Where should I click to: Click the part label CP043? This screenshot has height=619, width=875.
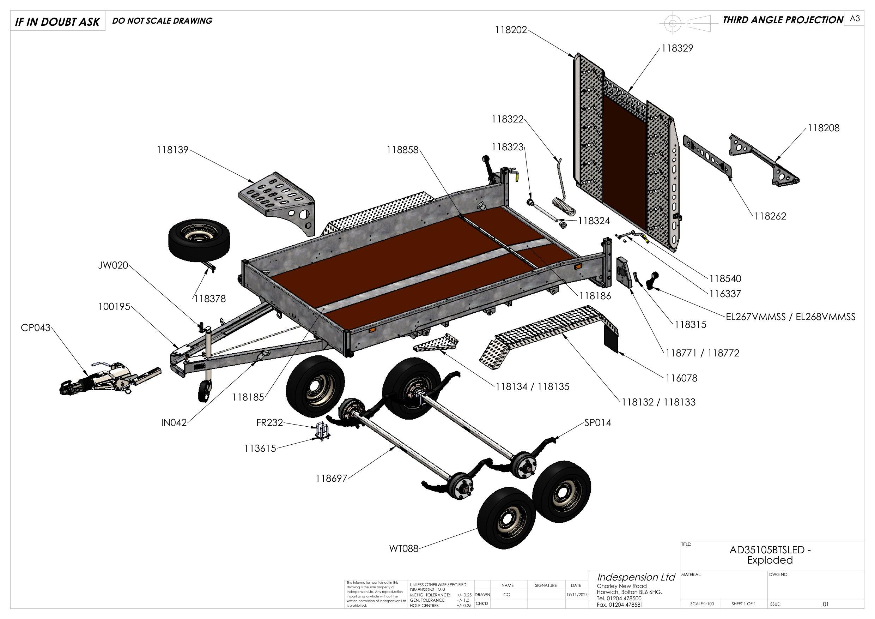(x=35, y=327)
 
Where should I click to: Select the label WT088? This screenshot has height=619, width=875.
(x=403, y=548)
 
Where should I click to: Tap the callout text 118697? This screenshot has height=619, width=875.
(x=331, y=478)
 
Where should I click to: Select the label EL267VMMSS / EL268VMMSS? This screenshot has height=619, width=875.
(x=790, y=317)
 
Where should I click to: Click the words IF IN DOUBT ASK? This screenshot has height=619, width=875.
(x=57, y=22)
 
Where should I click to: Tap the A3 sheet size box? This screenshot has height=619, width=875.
(x=855, y=19)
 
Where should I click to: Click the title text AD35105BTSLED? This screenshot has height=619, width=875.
(x=770, y=550)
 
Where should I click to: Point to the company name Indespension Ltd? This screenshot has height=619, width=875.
(x=636, y=577)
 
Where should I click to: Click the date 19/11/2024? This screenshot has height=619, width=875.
(x=576, y=595)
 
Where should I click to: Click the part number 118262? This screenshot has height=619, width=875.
(x=770, y=216)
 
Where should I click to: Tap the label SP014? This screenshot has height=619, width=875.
(x=597, y=422)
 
